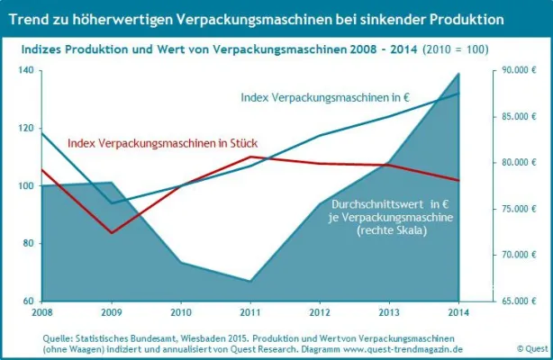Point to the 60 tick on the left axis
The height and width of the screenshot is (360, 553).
(x=27, y=301)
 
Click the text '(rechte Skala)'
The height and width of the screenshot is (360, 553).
(x=393, y=231)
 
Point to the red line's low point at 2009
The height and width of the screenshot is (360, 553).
(x=112, y=233)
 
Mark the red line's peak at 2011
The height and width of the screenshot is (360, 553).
(x=250, y=157)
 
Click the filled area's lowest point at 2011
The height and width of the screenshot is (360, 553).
(x=250, y=281)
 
